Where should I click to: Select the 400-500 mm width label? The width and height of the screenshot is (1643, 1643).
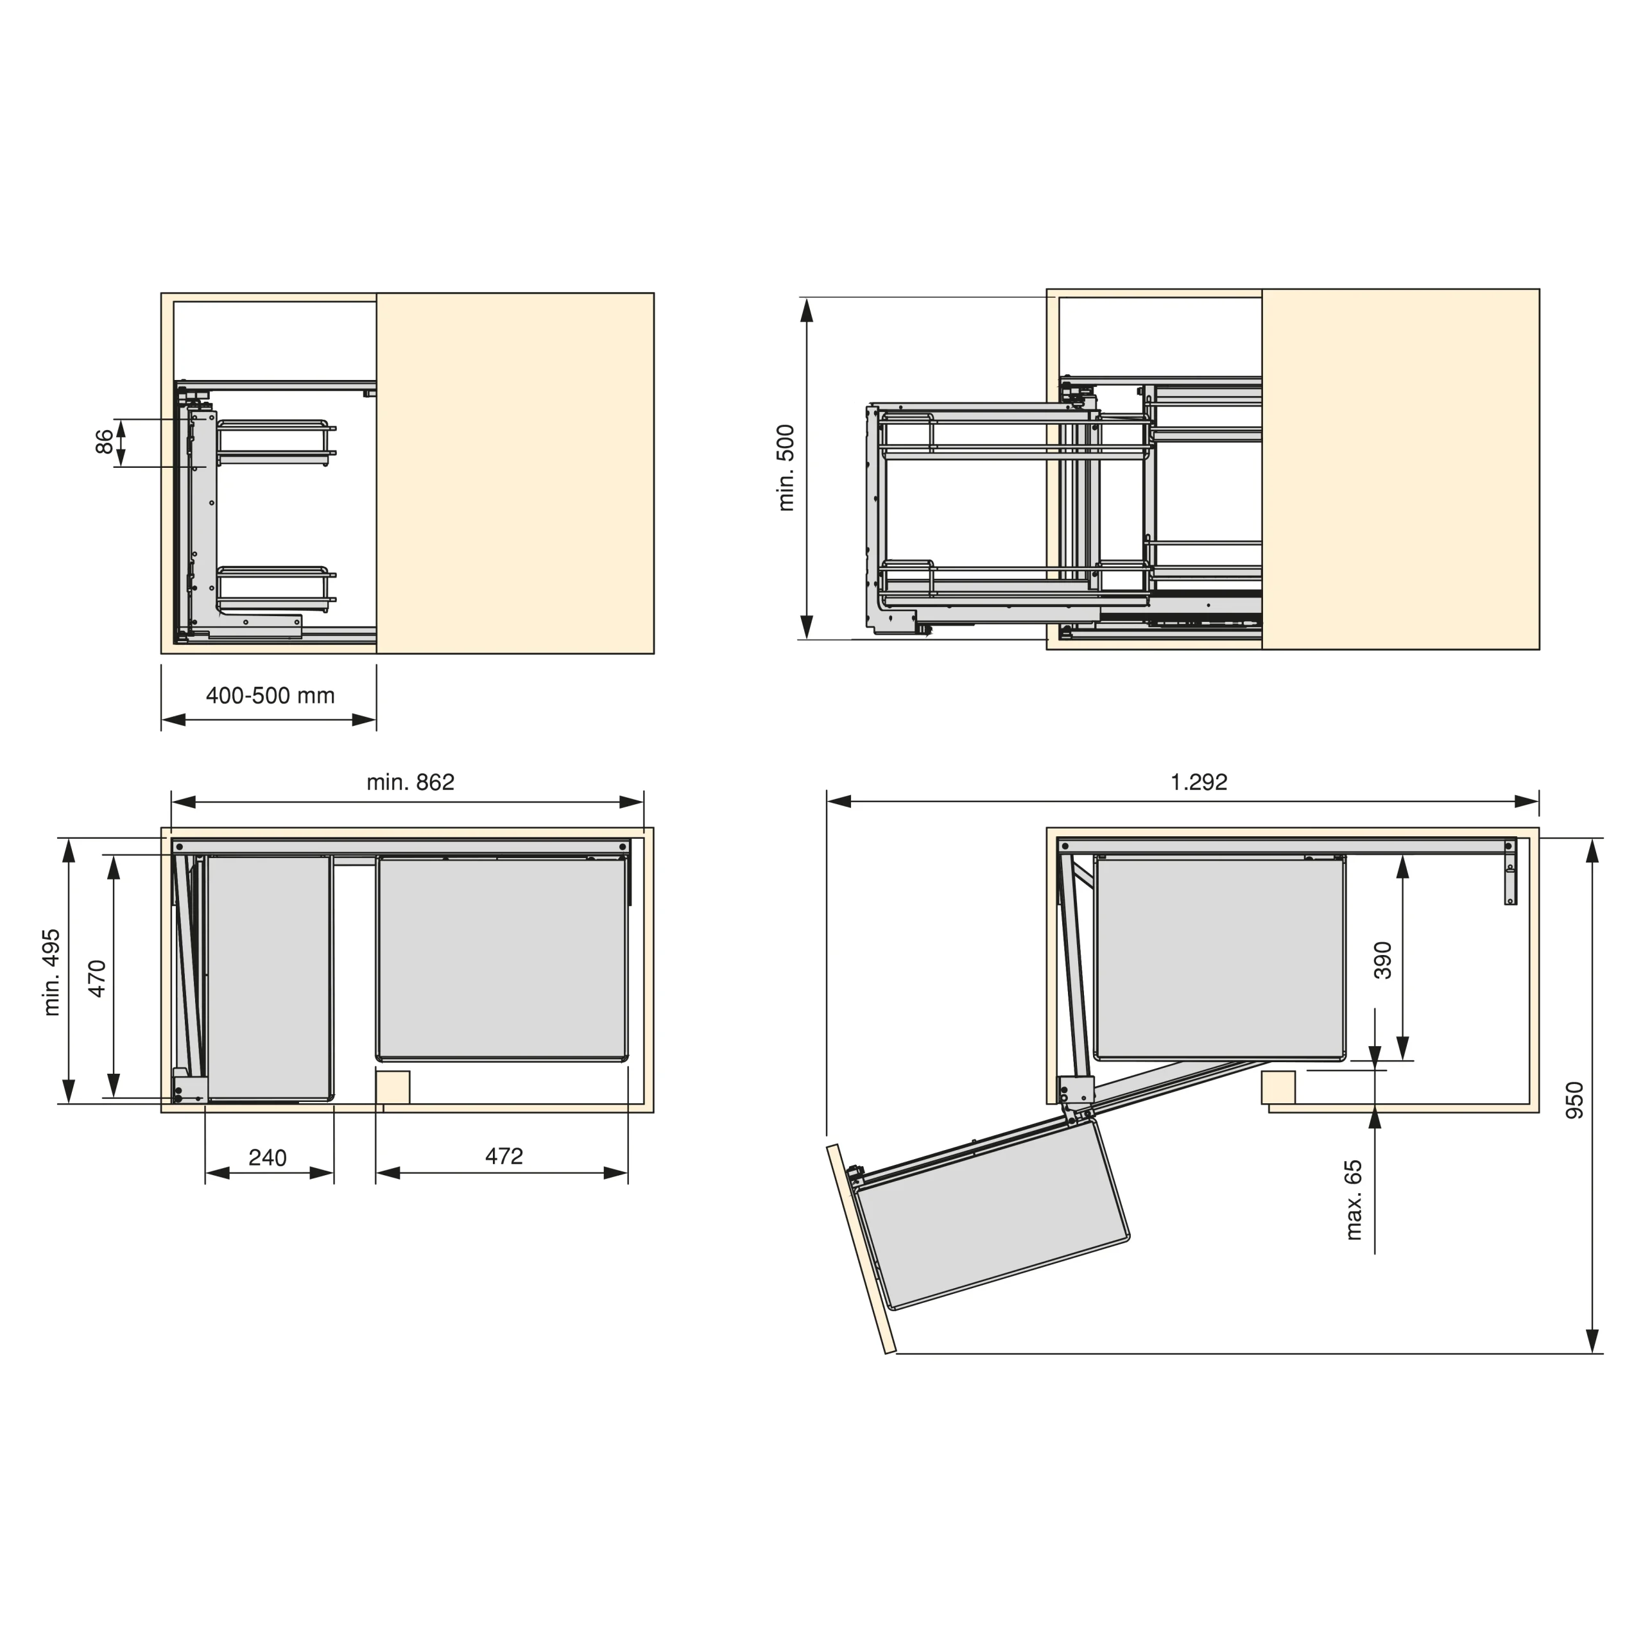[x=270, y=696]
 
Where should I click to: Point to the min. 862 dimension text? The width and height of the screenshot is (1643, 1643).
[x=411, y=782]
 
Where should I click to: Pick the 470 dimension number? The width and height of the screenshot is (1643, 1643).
[x=97, y=978]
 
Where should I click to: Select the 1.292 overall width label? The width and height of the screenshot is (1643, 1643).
[x=1199, y=782]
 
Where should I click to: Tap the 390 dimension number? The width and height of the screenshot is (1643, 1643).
[x=1383, y=960]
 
